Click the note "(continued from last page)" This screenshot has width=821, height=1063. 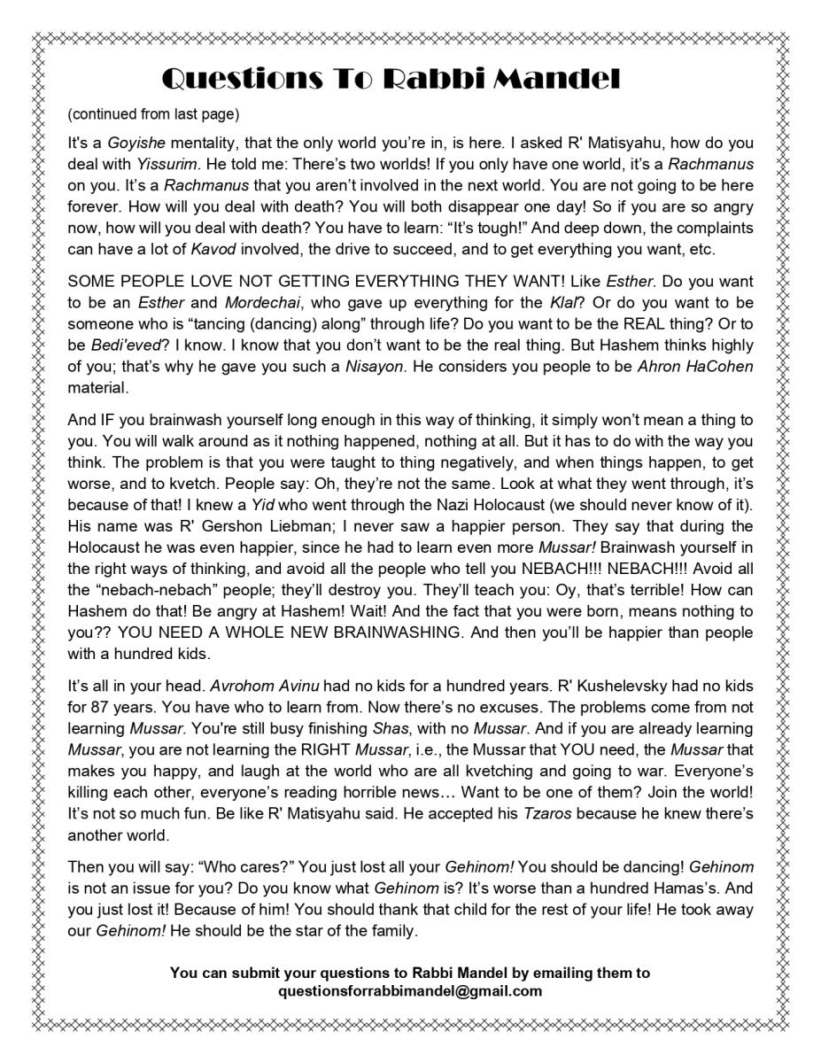153,114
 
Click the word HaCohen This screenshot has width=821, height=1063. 717,367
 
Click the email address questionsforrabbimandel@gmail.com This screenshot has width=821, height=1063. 410,991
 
